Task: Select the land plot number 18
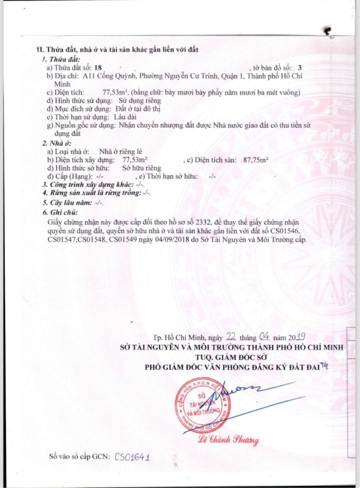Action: pyautogui.click(x=98, y=69)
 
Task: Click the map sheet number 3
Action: pyautogui.click(x=299, y=69)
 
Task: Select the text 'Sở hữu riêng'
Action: pyautogui.click(x=142, y=168)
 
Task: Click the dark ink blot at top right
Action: pyautogui.click(x=328, y=31)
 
